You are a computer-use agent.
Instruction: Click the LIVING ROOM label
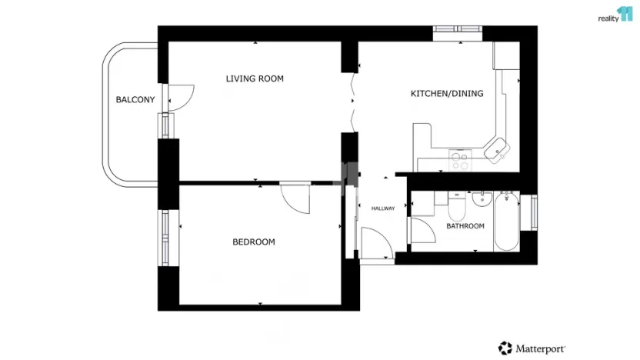255,78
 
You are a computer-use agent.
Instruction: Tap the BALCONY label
135,100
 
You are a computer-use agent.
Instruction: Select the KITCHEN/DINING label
446,94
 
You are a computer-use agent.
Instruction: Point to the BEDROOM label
254,242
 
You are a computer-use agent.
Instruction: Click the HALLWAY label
383,208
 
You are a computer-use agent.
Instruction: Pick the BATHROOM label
465,226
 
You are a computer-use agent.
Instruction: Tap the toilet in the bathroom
456,207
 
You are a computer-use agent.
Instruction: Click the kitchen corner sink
497,148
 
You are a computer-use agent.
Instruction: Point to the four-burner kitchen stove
460,161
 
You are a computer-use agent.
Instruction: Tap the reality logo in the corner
615,15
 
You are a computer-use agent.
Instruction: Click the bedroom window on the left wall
164,237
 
